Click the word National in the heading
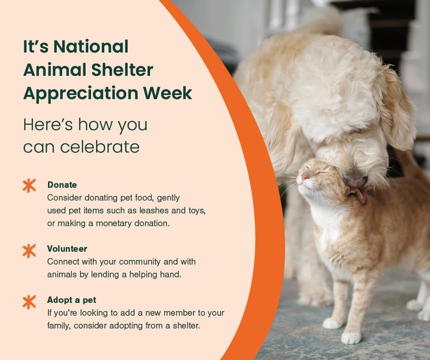coord(91,46)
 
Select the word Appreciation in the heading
coord(76,93)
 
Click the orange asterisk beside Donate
coord(30,185)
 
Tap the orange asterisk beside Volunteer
coord(30,250)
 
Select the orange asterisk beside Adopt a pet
coord(30,301)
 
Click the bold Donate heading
coord(62,185)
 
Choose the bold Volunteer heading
coord(67,248)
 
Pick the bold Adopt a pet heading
coord(72,300)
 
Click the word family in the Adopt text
coord(59,326)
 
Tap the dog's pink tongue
coord(361,196)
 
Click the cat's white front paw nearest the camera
coord(351,337)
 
